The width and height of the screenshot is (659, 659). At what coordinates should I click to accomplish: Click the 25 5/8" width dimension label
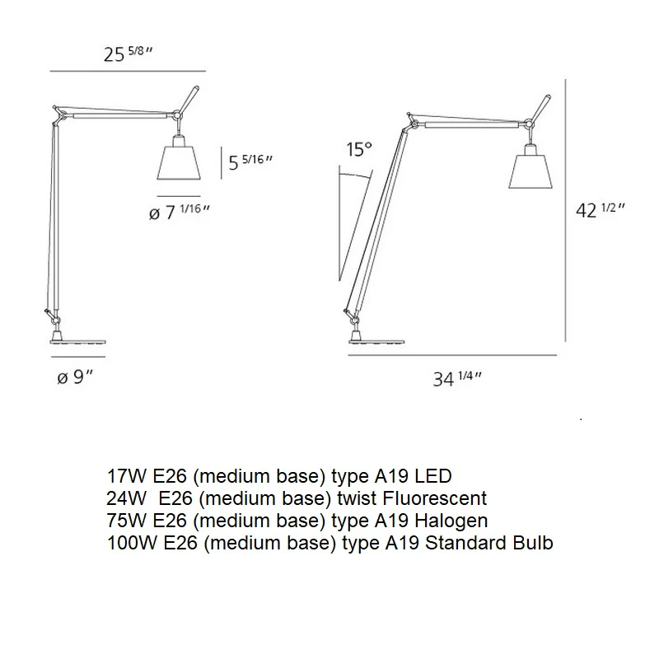tap(129, 54)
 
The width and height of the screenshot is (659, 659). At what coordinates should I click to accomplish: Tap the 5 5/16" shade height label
tap(250, 162)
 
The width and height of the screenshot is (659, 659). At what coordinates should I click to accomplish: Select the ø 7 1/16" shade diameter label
tap(180, 213)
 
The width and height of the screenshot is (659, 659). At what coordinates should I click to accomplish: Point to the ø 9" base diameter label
tap(75, 377)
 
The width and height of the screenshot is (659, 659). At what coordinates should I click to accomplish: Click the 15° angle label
tap(359, 149)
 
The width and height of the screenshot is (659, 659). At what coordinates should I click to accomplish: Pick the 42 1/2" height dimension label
tap(601, 210)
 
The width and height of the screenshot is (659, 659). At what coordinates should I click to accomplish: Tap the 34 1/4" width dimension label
tap(457, 379)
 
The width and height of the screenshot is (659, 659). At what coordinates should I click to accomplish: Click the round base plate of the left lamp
tap(78, 342)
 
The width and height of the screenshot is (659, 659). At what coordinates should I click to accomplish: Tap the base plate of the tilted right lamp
tap(377, 343)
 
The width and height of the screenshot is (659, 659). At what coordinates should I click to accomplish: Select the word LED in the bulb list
tap(433, 476)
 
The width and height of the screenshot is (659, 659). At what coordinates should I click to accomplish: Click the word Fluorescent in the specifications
tap(435, 498)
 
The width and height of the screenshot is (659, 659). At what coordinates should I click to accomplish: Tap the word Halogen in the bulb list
tap(451, 521)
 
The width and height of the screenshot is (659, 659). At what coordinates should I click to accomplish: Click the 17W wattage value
tap(127, 476)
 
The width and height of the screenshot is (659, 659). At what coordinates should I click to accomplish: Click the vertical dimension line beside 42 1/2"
tap(566, 210)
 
